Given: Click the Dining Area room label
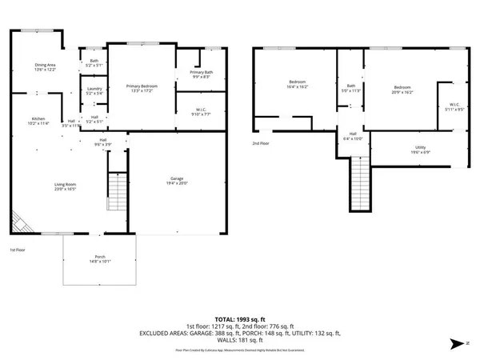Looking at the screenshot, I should [45, 67].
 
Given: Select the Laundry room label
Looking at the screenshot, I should [94, 91].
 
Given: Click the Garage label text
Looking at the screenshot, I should [176, 181].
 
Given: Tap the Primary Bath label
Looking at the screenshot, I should [200, 74].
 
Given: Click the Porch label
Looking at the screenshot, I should [98, 258].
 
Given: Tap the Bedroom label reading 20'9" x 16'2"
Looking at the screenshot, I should [402, 90].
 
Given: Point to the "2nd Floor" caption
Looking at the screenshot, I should [261, 143].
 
